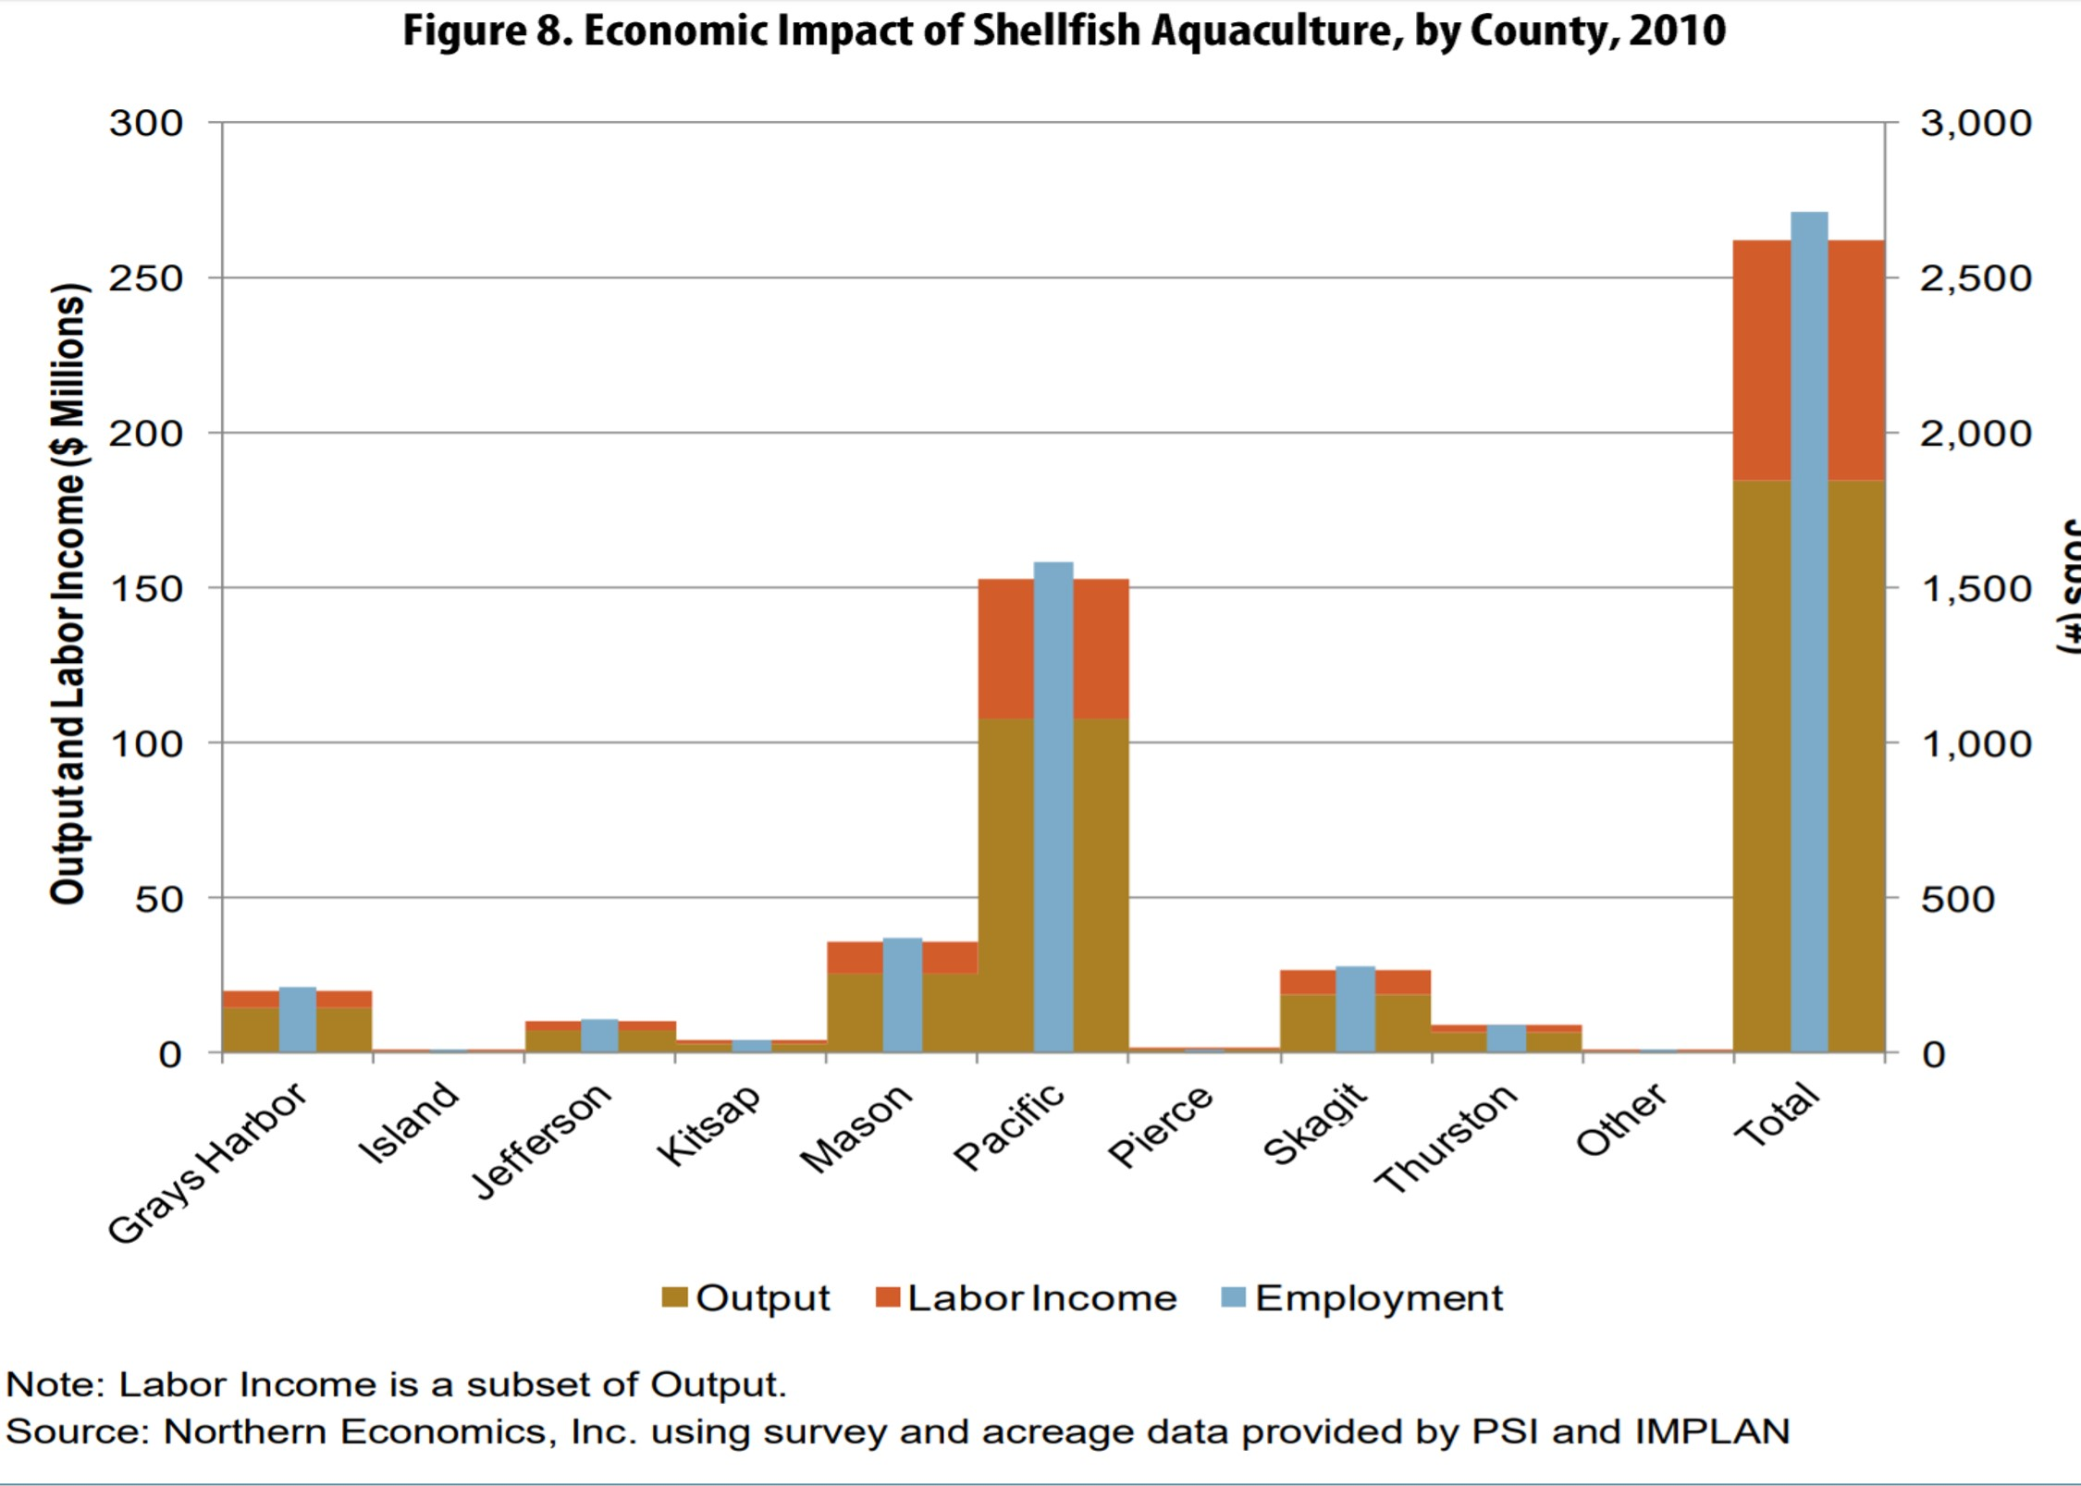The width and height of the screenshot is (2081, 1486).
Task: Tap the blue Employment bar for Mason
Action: coord(902,995)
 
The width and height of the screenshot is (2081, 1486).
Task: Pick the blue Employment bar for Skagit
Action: coord(1355,1009)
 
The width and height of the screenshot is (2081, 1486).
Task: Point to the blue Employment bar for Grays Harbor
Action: coord(297,1019)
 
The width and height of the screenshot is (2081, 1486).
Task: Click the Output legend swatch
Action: coord(674,1297)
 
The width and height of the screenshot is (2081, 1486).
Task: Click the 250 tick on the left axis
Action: coord(145,277)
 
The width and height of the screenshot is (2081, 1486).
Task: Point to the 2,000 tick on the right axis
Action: coord(1975,433)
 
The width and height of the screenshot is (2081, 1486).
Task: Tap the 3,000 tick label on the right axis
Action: coord(1975,123)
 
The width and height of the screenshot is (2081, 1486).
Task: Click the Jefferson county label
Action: coord(542,1139)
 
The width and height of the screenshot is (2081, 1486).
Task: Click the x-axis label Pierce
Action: coord(1161,1125)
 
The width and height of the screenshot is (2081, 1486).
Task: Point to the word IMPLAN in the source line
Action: coord(1711,1431)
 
